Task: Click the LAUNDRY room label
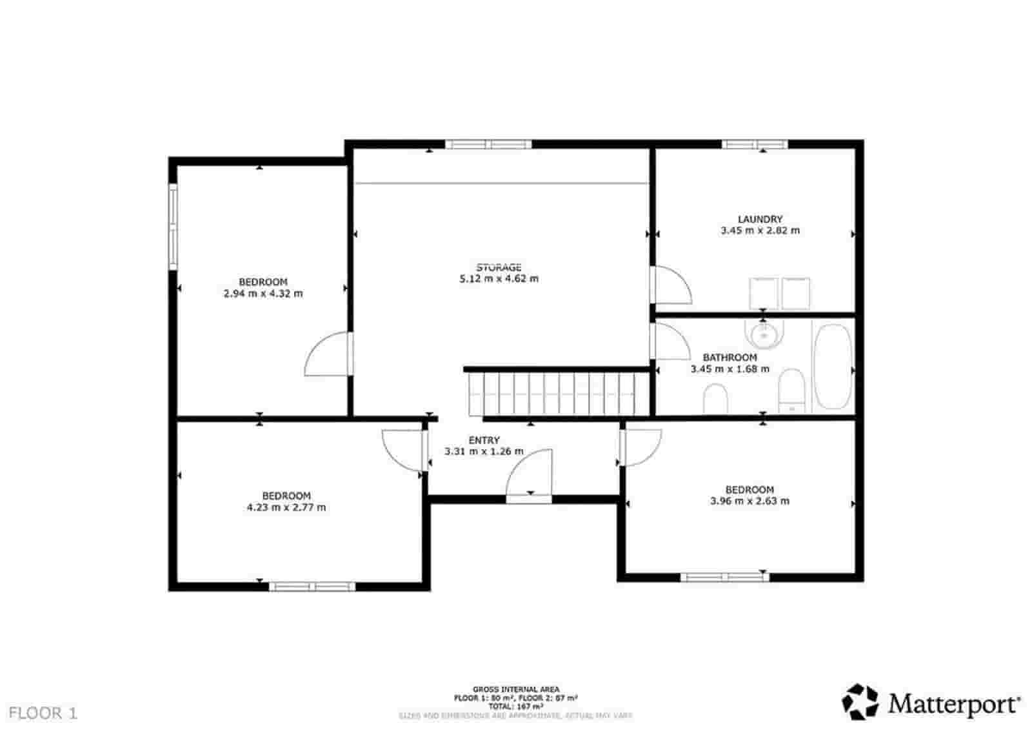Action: click(x=760, y=219)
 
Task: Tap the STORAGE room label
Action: click(x=499, y=267)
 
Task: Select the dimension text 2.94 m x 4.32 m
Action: click(x=263, y=294)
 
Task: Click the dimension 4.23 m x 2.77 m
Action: click(x=286, y=508)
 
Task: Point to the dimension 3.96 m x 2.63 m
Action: click(x=749, y=501)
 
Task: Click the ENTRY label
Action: click(x=484, y=440)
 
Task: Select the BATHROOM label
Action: click(x=729, y=358)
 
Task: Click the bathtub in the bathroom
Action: click(x=833, y=366)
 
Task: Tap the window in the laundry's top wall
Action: click(x=754, y=145)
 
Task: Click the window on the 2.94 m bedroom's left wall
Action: click(x=173, y=226)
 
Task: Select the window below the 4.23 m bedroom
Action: click(x=312, y=586)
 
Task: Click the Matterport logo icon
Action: click(x=860, y=702)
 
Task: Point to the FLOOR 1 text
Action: click(x=43, y=713)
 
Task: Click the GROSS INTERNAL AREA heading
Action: click(x=515, y=689)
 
